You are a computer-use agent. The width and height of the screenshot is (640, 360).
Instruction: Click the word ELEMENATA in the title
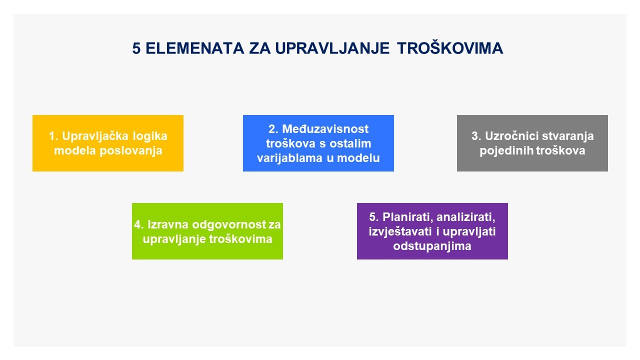(195, 48)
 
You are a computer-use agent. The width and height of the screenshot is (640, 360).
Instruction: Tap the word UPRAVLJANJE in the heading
(332, 48)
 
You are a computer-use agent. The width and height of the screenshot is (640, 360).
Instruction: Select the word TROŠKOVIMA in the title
(450, 48)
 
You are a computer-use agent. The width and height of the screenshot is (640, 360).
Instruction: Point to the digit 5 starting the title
(136, 48)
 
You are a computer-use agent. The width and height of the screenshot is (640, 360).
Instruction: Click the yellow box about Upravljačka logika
(107, 143)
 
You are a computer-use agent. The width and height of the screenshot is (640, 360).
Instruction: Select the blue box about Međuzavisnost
(318, 143)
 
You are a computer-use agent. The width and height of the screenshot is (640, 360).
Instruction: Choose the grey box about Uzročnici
(532, 143)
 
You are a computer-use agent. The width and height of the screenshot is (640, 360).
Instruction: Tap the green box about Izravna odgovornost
(207, 231)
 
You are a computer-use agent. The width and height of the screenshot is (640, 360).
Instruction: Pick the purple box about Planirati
(432, 231)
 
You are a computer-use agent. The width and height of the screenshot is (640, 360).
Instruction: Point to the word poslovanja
(131, 151)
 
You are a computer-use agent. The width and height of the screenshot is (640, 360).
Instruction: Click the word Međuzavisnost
(325, 129)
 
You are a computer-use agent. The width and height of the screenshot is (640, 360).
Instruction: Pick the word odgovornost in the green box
(229, 225)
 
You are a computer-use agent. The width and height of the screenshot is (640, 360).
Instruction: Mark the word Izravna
(168, 224)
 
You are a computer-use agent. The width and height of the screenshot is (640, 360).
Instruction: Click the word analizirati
(466, 217)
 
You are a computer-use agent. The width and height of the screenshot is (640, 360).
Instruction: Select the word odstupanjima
(432, 246)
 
